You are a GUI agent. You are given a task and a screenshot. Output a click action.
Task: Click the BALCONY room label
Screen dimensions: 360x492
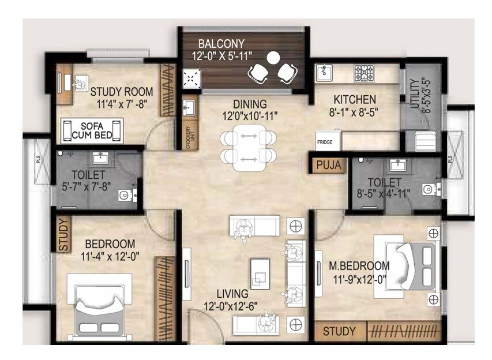(x=221, y=43)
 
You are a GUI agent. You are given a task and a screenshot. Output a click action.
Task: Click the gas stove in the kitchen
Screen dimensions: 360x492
(x=365, y=73)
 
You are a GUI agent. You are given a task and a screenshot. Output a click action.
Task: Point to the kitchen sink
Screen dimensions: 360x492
(x=325, y=73)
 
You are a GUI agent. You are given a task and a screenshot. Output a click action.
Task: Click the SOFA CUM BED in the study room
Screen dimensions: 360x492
(x=92, y=130)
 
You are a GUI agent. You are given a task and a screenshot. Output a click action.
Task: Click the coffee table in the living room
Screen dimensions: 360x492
(x=260, y=272)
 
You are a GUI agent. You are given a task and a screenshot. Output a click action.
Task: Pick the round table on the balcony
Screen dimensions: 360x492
(x=273, y=58)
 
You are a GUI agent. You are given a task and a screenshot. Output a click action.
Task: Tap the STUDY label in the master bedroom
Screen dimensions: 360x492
(x=339, y=332)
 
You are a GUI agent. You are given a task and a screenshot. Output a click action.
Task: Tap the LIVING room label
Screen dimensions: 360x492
(x=233, y=294)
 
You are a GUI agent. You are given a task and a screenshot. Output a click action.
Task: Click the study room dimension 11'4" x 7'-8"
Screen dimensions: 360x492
(x=122, y=104)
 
